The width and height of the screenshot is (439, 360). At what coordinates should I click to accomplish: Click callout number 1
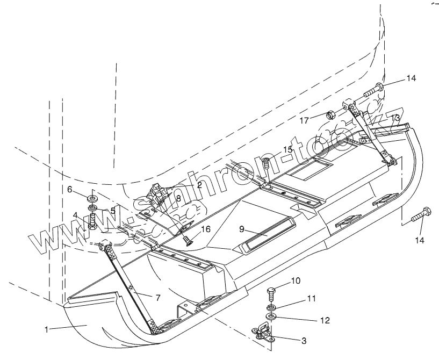point(47,329)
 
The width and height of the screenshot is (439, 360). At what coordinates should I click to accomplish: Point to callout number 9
point(243,228)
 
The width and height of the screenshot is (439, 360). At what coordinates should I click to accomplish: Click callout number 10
point(295,281)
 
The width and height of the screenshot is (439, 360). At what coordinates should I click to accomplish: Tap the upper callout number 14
point(411,78)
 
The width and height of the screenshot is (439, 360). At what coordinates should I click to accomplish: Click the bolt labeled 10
point(272,294)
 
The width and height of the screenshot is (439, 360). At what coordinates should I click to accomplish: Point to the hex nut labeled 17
point(332,114)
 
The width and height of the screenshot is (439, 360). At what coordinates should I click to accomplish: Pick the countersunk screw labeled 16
point(186,240)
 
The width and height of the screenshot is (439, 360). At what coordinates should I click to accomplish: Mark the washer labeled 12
point(271,315)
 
